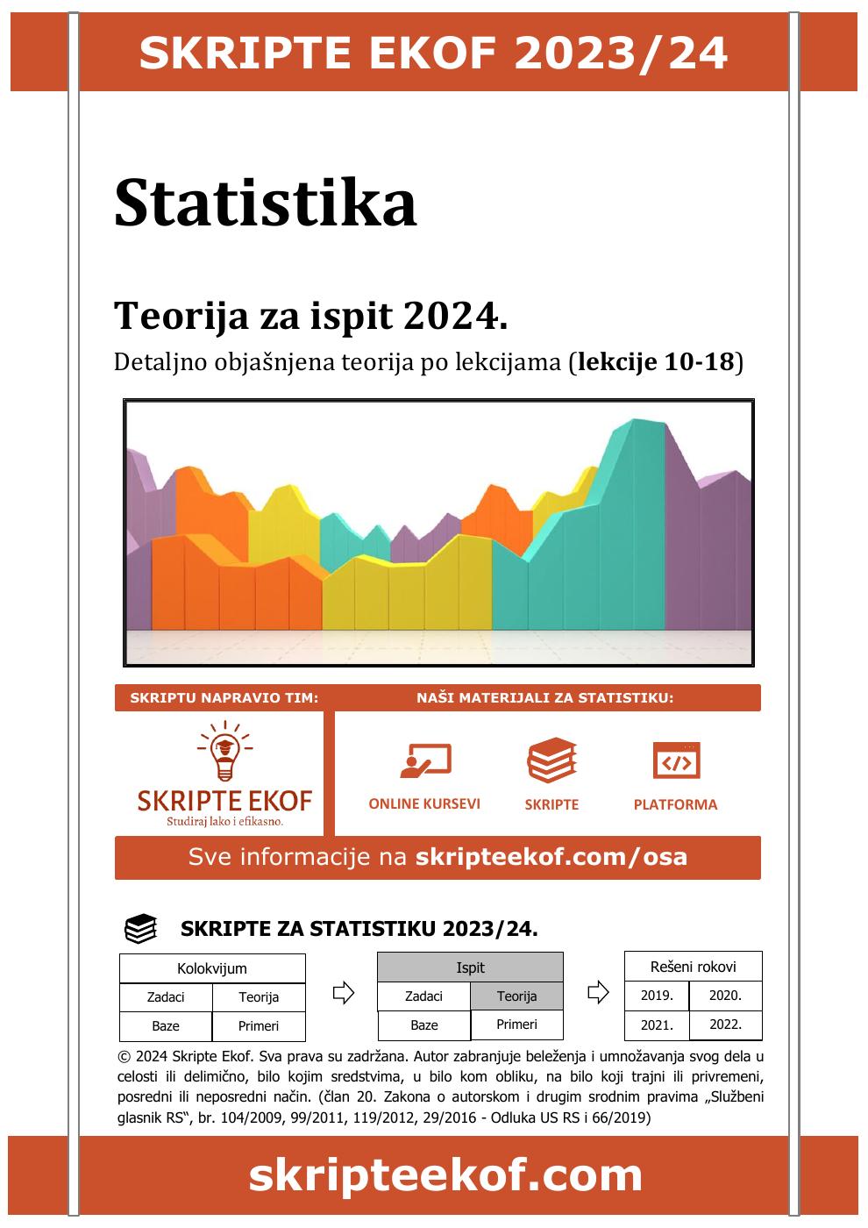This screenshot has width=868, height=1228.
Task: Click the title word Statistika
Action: click(x=265, y=203)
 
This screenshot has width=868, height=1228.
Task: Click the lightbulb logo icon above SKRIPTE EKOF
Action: click(x=225, y=751)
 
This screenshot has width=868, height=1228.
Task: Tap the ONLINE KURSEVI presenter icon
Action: click(x=425, y=760)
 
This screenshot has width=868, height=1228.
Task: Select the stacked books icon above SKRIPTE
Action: click(x=551, y=760)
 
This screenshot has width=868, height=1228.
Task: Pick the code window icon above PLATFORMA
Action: click(x=676, y=760)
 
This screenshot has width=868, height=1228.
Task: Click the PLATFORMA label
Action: click(x=675, y=804)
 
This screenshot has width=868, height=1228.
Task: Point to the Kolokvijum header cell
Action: click(x=212, y=968)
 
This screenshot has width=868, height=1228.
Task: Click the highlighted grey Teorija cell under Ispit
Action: click(x=516, y=996)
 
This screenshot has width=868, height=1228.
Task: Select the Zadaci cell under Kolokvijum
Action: click(x=166, y=997)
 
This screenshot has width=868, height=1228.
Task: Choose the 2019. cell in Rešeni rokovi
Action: click(x=657, y=996)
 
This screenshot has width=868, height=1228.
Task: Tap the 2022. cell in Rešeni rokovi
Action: click(x=725, y=1024)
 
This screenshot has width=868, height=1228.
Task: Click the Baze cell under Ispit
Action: click(x=424, y=1025)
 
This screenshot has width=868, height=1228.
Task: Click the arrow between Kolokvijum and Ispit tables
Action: click(x=343, y=993)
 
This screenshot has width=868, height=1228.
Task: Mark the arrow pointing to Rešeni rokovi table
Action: click(x=597, y=993)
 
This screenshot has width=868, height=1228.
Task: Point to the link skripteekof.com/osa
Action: click(x=551, y=857)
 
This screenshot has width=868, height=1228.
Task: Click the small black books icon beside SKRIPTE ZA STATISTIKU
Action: click(x=141, y=929)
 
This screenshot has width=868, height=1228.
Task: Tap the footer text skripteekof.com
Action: click(x=445, y=1175)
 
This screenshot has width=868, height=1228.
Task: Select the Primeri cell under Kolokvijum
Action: click(x=259, y=1026)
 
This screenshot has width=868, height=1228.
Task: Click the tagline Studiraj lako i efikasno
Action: click(x=225, y=822)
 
